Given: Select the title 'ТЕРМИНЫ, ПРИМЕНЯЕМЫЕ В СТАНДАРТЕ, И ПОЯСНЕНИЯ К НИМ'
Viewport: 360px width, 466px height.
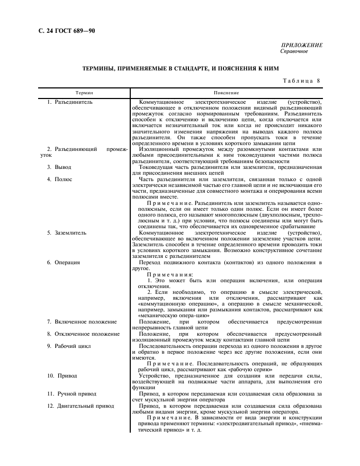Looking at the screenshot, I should pos(180,69).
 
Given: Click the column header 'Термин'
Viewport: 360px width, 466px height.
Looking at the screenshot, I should pos(84,92).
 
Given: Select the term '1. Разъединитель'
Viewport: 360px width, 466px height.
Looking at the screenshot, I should pos(70,101).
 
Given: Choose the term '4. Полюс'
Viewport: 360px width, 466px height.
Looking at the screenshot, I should pos(60,180).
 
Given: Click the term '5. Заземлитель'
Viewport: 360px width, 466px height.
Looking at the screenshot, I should pos(68,232).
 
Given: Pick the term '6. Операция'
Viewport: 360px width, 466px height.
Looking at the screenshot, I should pos(64,262).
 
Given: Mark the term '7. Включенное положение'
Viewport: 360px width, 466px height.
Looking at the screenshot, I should pos(82,321).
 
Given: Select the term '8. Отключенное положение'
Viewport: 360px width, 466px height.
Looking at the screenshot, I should pos(83,334).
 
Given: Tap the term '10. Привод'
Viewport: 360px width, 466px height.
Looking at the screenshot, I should pos(62,376).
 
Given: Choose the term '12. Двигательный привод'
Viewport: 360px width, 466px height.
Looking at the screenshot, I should pos(80,406).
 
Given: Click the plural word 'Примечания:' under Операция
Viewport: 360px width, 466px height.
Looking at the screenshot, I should pos(166,274).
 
